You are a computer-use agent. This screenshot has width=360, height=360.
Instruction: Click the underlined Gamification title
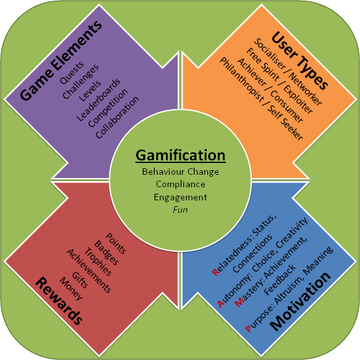181,156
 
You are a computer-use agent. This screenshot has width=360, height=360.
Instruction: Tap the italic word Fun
180,209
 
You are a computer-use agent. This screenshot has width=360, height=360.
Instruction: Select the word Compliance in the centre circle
181,184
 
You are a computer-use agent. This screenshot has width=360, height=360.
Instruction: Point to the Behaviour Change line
181,171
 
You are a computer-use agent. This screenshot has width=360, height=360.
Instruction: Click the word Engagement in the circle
181,198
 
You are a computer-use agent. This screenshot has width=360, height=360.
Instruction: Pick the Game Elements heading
61,61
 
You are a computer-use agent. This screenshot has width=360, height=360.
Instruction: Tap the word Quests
72,73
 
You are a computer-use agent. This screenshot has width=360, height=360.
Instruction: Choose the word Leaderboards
98,100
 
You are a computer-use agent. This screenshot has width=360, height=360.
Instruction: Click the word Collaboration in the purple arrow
117,117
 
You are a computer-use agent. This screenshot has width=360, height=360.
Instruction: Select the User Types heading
299,61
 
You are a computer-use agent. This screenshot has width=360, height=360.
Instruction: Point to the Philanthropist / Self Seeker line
261,99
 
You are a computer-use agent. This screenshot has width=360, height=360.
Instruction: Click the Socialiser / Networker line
288,71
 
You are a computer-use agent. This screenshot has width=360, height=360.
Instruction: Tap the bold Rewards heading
59,301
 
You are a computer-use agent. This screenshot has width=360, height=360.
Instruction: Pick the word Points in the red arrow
115,243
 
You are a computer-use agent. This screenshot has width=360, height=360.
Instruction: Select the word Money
71,289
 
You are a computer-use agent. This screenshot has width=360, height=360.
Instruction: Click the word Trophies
98,262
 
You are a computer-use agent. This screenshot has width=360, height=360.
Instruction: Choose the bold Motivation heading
301,301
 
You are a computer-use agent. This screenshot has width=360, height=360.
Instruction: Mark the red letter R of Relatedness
216,272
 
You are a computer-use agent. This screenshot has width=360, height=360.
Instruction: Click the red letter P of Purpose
249,329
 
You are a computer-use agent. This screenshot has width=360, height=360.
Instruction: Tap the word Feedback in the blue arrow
280,279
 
